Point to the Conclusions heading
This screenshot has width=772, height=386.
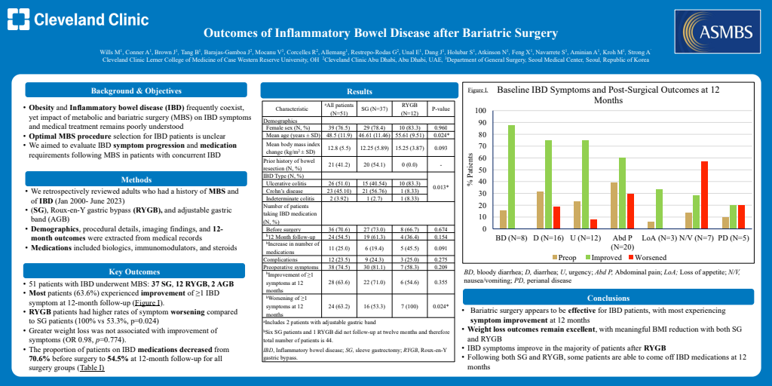click(608, 298)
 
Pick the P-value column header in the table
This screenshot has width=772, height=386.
click(440, 109)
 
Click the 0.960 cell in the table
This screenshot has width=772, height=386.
click(440, 128)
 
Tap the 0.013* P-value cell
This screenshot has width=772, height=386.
click(440, 186)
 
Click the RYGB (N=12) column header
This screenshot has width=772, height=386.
click(409, 109)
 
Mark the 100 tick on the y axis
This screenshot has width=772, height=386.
click(479, 111)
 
